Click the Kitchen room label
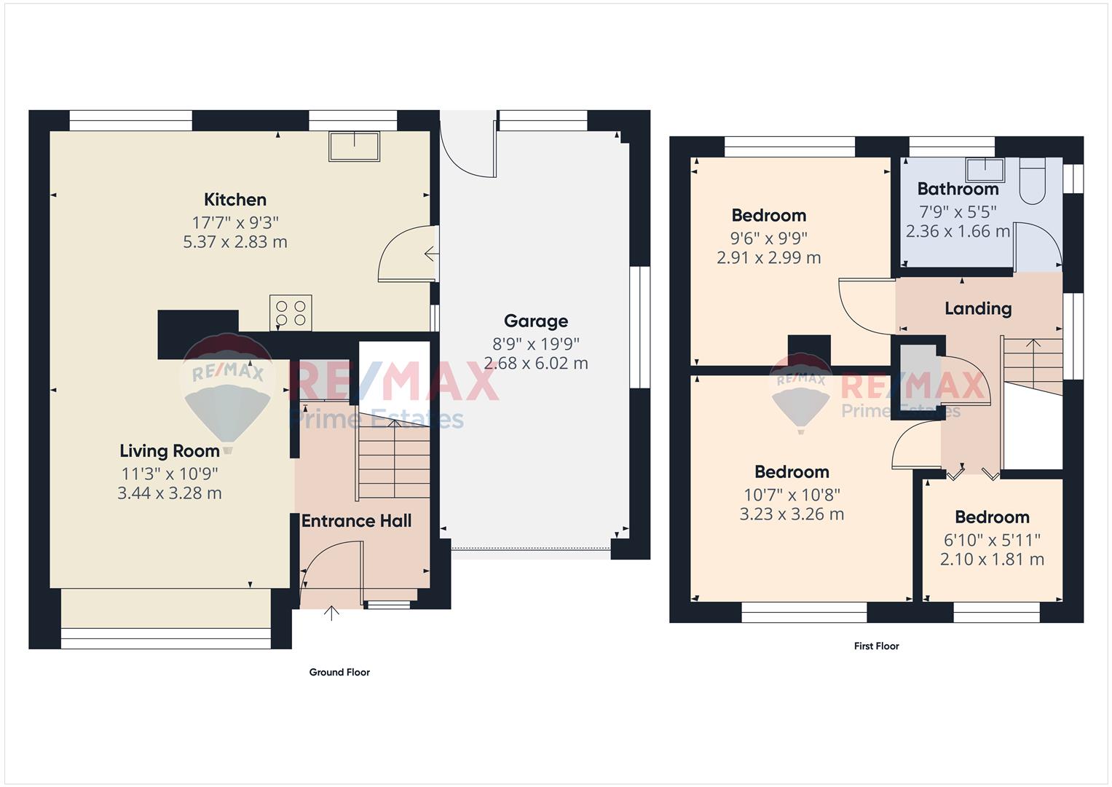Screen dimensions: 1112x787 (235, 200)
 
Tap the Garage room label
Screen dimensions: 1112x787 (536, 321)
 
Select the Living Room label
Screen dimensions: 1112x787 (170, 451)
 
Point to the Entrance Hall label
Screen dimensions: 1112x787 (356, 521)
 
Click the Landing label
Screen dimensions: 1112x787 (978, 309)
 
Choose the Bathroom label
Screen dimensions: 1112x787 (958, 189)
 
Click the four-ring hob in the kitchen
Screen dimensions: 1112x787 (291, 313)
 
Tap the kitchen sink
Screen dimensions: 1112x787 (354, 146)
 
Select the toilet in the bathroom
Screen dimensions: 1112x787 (1032, 181)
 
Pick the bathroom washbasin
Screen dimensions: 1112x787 (985, 171)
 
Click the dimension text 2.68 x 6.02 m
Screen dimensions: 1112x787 (536, 364)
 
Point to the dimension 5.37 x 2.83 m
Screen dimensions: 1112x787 (235, 242)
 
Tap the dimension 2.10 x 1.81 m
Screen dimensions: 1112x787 (992, 560)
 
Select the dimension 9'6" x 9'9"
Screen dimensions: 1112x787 (768, 238)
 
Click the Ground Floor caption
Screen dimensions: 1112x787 (339, 672)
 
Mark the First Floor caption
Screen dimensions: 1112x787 (877, 646)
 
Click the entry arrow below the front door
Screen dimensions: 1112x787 (331, 614)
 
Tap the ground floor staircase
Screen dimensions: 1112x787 (394, 459)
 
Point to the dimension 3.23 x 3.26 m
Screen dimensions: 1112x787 (792, 514)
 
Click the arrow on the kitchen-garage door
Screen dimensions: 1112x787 (431, 254)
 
